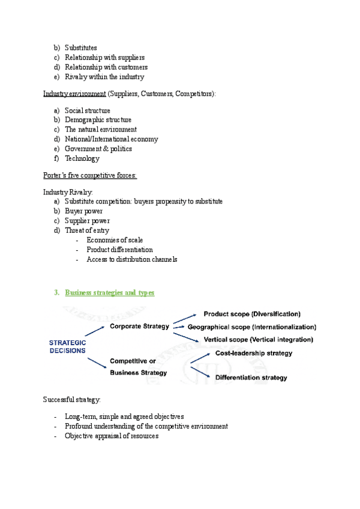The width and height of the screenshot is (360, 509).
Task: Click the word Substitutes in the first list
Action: [x=80, y=48]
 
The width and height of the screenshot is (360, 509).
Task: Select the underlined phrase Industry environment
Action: [x=73, y=94]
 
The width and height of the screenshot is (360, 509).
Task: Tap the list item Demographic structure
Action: [x=98, y=120]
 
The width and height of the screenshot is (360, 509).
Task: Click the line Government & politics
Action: [x=98, y=149]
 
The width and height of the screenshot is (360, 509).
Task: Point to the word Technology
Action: [x=82, y=158]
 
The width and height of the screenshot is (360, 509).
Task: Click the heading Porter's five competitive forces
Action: [x=90, y=175]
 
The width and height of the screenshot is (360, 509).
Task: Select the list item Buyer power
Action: [x=83, y=211]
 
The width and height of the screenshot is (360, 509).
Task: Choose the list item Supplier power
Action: [x=87, y=221]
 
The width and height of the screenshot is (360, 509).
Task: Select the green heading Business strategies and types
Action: [x=109, y=293]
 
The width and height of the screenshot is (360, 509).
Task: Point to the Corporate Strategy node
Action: [x=139, y=326]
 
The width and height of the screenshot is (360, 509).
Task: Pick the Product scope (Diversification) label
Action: [x=252, y=314]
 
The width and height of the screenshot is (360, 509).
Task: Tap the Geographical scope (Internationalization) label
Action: [x=251, y=327]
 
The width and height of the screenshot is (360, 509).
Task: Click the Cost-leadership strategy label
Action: [x=254, y=353]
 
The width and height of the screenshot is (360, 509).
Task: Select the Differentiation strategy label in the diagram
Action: [x=251, y=378]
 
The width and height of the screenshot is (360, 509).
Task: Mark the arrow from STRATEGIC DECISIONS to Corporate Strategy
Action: [x=96, y=329]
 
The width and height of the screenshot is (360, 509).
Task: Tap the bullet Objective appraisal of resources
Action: [x=112, y=436]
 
